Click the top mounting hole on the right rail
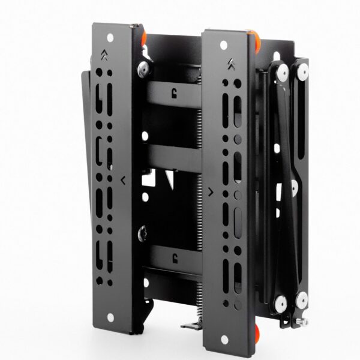pyautogui.click(x=223, y=45)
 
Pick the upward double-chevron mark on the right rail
pyautogui.click(x=231, y=62)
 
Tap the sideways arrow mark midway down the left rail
pyautogui.click(x=122, y=179)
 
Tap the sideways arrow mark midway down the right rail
pyautogui.click(x=209, y=192)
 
